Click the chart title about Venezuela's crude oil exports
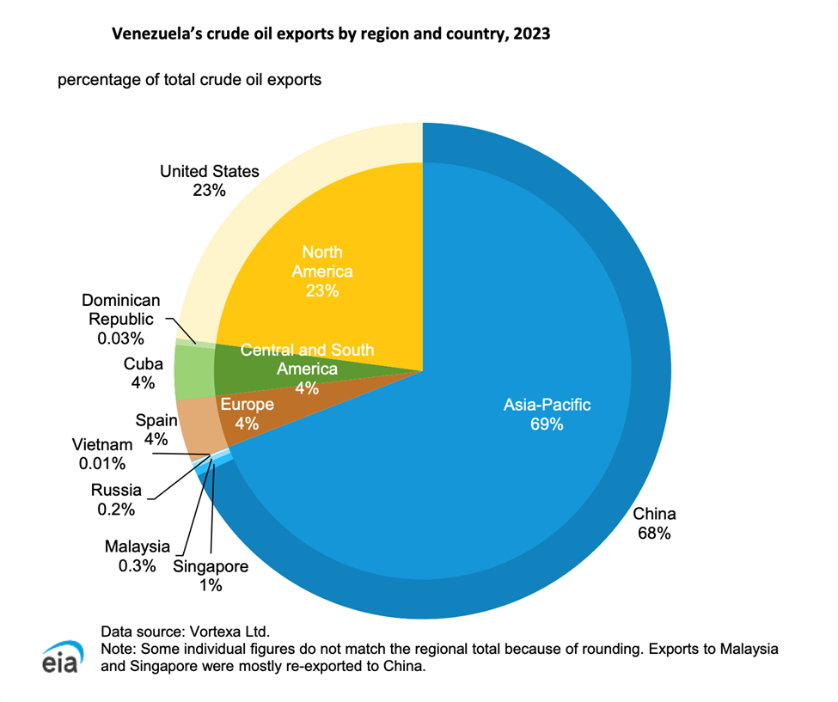pyautogui.click(x=331, y=35)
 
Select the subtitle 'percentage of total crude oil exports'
pyautogui.click(x=189, y=80)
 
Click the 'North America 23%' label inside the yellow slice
pyautogui.click(x=321, y=271)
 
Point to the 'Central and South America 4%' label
pyautogui.click(x=307, y=369)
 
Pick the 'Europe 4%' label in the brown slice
pyautogui.click(x=248, y=412)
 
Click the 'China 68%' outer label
pyautogui.click(x=654, y=523)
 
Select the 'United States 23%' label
pyautogui.click(x=209, y=180)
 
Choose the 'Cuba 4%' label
pyautogui.click(x=143, y=372)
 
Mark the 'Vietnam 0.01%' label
pyautogui.click(x=102, y=454)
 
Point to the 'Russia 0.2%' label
pyautogui.click(x=118, y=499)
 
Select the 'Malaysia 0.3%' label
pyautogui.click(x=138, y=555)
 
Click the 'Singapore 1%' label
pyautogui.click(x=211, y=576)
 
